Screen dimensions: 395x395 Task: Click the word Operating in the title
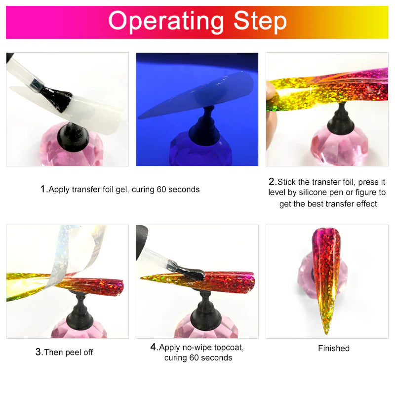(x=165, y=22)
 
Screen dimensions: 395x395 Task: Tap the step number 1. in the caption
(x=43, y=189)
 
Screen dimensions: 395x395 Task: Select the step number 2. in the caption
(x=272, y=182)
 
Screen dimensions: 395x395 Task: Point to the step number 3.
(x=39, y=352)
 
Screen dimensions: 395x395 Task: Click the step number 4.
(x=154, y=347)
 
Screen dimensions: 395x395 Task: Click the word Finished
(x=333, y=348)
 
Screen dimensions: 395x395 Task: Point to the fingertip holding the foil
(x=271, y=94)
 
